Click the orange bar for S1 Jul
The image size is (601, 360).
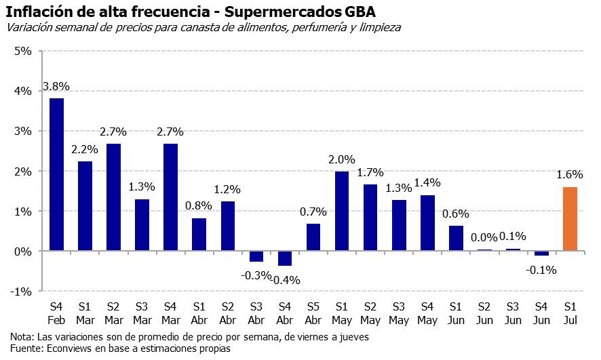pos(570,219)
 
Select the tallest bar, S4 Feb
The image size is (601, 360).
pos(57,175)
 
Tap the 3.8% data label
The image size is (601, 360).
pos(56,86)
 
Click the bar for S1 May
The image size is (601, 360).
pos(342,212)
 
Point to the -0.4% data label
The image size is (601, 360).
pos(286,279)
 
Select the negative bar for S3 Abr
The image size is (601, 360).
pos(256,256)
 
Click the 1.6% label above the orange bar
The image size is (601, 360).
pos(570,175)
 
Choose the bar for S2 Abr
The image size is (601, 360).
pos(228,226)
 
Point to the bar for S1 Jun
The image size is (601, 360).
pos(456,238)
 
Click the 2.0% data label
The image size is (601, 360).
pos(342,159)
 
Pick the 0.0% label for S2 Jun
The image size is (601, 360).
pos(484,237)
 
